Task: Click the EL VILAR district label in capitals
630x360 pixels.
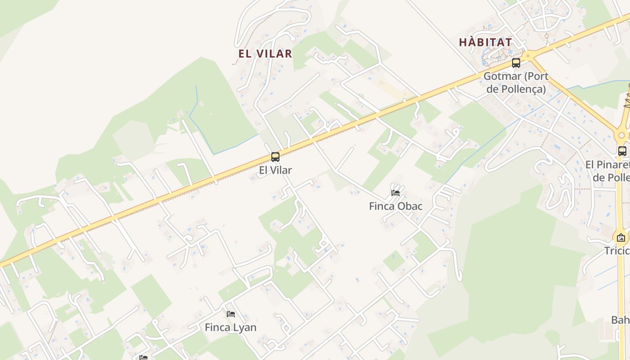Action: [x=265, y=54]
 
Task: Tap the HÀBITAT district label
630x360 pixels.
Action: [x=485, y=42]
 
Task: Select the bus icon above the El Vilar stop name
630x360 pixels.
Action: [x=275, y=157]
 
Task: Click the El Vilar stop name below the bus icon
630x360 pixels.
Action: [x=275, y=170]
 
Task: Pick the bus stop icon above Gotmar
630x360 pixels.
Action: [x=516, y=63]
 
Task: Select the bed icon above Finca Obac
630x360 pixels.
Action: [x=396, y=193]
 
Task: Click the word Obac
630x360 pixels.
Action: [x=410, y=206]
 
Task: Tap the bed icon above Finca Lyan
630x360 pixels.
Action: [x=231, y=314]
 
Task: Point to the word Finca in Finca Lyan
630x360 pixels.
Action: [x=217, y=327]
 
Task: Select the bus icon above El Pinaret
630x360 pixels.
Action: [x=622, y=151]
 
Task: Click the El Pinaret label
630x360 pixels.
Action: [x=607, y=165]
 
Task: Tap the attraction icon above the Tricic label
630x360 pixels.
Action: [x=621, y=238]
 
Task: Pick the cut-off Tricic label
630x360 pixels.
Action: [x=616, y=251]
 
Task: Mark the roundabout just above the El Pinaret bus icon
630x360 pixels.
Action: [x=622, y=135]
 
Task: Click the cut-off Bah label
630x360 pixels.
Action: [x=620, y=320]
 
